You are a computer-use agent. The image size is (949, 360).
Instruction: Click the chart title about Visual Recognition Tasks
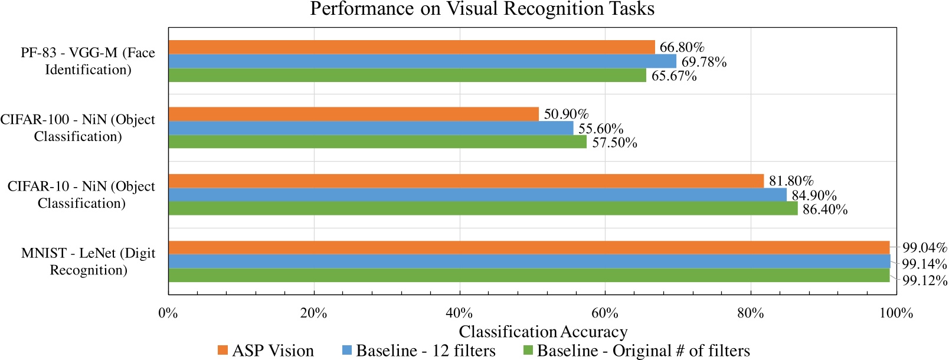[482, 9]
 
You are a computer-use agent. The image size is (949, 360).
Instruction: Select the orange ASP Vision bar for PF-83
[411, 47]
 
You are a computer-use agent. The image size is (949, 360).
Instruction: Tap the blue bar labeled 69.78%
[422, 61]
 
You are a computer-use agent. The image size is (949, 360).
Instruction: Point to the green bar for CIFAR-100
[377, 142]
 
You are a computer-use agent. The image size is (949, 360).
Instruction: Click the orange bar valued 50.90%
[354, 114]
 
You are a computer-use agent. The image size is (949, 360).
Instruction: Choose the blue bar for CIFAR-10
[477, 195]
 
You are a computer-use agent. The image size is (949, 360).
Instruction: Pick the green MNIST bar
[529, 276]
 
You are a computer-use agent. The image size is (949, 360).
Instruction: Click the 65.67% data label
[674, 76]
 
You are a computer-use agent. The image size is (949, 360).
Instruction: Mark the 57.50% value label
[614, 143]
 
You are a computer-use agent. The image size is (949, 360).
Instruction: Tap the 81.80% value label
[791, 181]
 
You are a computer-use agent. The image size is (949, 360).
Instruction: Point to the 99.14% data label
[924, 264]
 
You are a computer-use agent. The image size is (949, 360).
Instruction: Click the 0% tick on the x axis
[168, 313]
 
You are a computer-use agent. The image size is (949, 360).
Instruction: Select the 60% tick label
[605, 313]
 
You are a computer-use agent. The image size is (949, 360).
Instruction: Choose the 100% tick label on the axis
[896, 313]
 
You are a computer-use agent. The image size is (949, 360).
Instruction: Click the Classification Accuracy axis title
[543, 332]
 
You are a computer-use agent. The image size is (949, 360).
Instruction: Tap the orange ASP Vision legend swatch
[222, 351]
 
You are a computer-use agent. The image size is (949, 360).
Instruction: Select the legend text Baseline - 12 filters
[426, 351]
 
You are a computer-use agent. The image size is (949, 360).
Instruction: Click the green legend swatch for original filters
[528, 351]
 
